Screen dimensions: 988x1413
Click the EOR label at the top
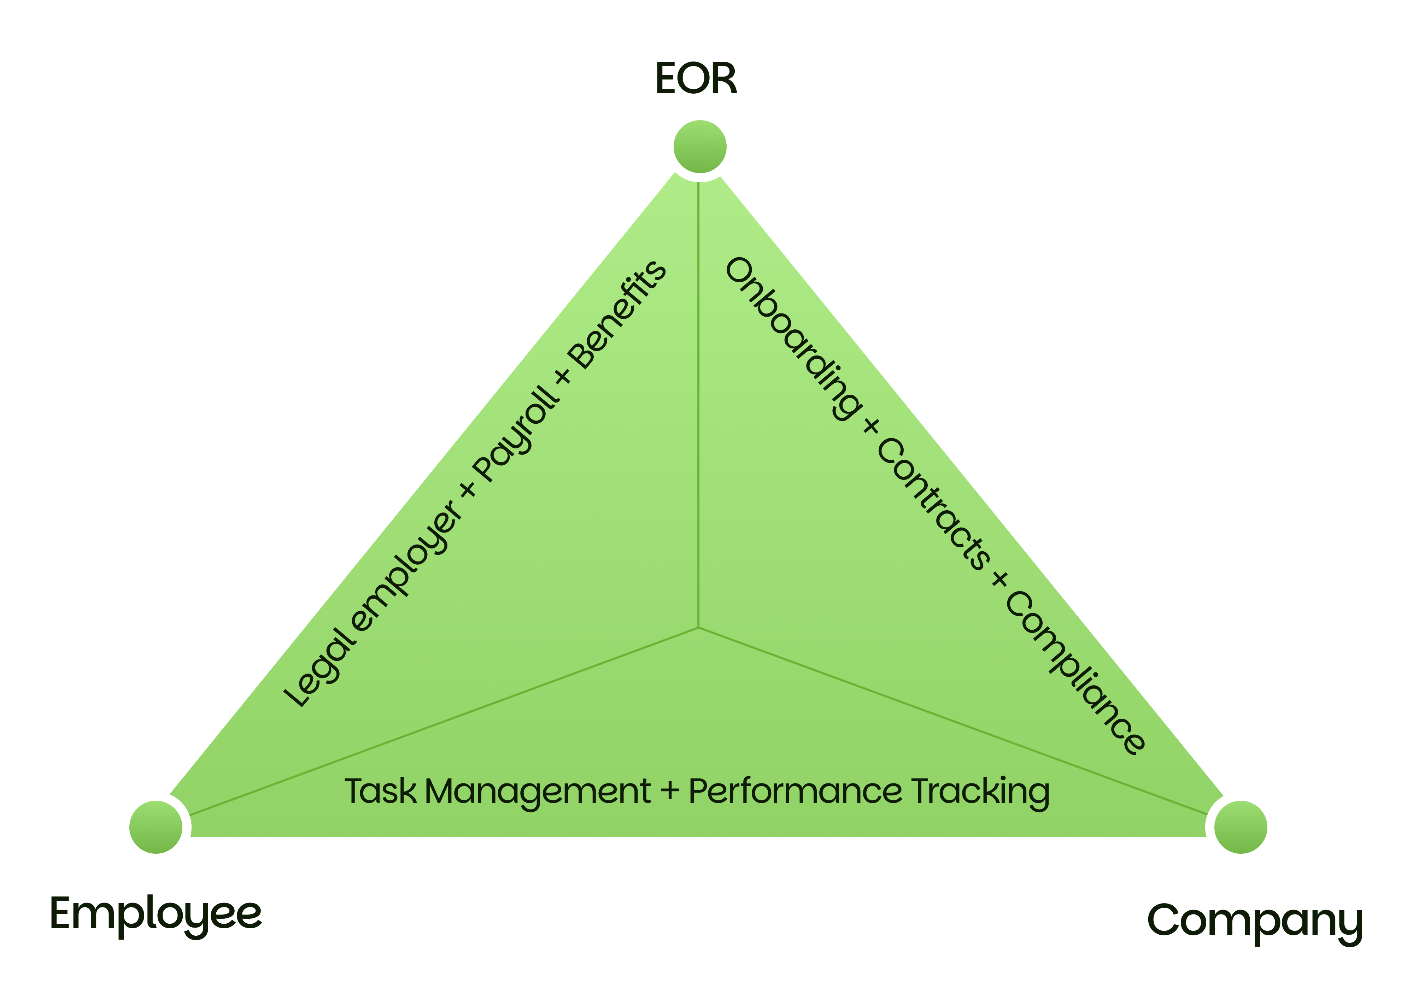point(696,79)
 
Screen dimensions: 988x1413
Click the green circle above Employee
point(156,827)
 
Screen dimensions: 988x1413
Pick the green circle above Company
point(1241,827)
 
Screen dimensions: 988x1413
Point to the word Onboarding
point(793,339)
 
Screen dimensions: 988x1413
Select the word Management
point(537,792)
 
